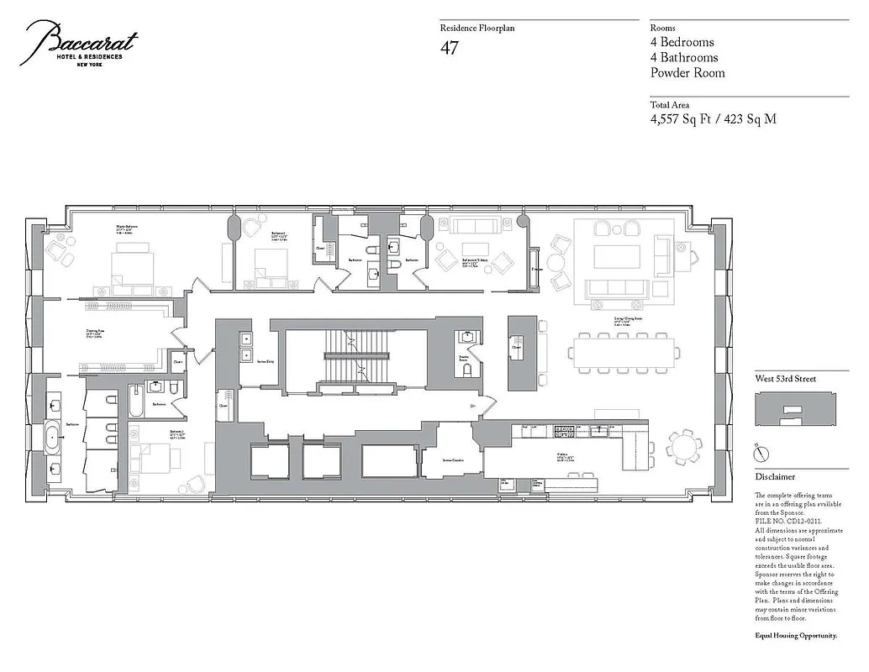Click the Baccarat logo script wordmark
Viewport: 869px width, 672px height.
coord(80,42)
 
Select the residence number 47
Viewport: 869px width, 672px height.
coord(450,48)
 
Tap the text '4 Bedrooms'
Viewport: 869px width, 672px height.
coord(682,42)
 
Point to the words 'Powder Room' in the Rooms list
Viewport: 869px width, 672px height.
coord(687,73)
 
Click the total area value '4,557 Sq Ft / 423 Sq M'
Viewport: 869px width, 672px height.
coord(713,119)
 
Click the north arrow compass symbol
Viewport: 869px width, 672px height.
coord(761,454)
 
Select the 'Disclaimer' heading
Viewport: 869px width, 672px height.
coord(774,477)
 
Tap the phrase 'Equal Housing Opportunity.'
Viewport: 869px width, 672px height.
coord(795,636)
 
